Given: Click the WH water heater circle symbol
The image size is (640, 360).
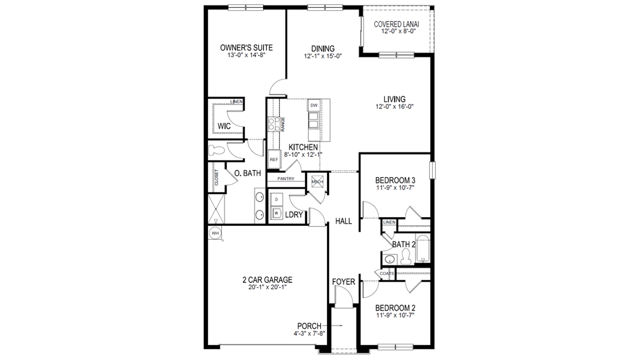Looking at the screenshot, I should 215,233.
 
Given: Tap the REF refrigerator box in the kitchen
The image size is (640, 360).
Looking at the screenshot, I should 274,160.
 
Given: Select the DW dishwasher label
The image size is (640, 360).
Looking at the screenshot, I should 314,105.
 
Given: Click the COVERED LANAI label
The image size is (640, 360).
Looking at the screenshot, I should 397,24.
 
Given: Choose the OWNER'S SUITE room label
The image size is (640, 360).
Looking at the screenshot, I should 246,48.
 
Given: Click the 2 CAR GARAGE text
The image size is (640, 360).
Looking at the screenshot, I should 267,280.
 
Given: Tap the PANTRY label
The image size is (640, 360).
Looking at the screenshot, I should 285,178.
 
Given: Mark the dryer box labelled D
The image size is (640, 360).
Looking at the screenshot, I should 277,200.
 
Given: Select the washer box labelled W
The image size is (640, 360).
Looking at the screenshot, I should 277,213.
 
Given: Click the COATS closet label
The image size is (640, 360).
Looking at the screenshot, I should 387,273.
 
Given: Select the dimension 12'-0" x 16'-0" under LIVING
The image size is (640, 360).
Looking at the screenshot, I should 395,107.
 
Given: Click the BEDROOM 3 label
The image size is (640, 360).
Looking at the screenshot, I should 395,180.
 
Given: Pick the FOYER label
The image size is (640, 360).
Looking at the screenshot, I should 344,282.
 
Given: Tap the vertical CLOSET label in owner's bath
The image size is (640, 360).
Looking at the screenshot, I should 217,177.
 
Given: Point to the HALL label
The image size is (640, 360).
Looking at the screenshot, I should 344,221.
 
